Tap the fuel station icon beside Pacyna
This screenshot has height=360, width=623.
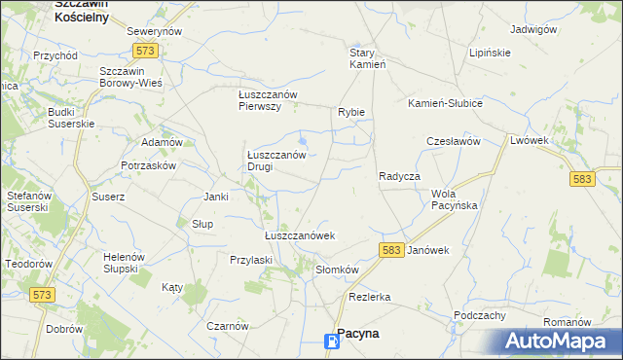332,340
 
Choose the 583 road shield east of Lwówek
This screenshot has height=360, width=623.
583,180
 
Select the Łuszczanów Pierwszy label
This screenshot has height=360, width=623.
267,100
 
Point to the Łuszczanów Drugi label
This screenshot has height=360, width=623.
276,160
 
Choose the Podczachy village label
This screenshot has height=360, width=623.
479,315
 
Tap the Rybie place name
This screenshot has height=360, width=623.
351,112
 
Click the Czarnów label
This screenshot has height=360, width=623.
228,326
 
